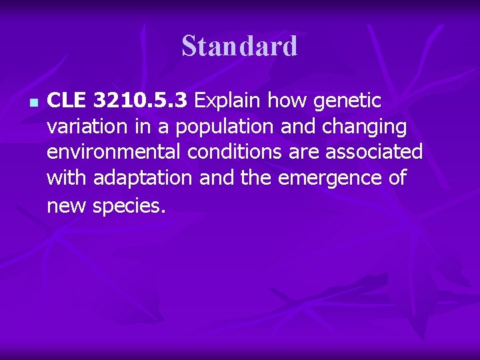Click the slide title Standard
click(239, 47)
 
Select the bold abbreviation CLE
click(67, 101)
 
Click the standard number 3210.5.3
click(142, 101)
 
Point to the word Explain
click(227, 101)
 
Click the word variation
click(86, 127)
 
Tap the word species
click(128, 206)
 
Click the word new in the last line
click(67, 206)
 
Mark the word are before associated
click(305, 153)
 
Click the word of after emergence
click(396, 178)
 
